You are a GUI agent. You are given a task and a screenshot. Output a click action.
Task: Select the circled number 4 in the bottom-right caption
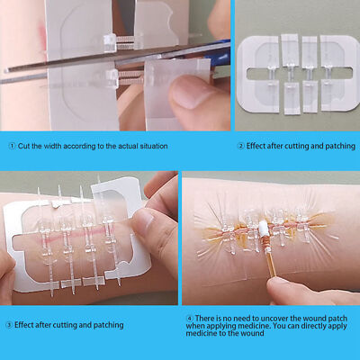(x=190, y=317)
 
